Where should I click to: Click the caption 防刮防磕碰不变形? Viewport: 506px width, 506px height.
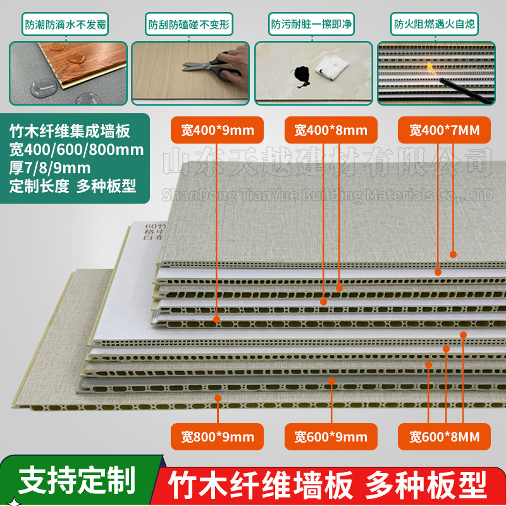188,26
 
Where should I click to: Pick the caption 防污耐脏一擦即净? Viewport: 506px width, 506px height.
311,26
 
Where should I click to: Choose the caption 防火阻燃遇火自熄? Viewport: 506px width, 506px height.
434,26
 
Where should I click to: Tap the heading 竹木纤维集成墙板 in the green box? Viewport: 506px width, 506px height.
70,132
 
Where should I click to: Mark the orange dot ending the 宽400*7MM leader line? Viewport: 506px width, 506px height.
453,254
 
